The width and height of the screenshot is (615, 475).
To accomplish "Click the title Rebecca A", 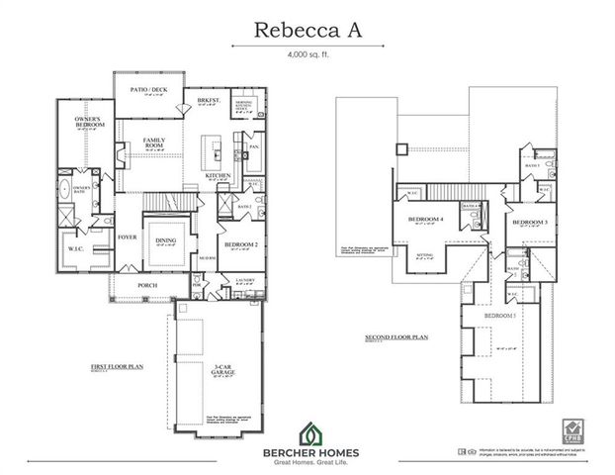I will click(307, 29).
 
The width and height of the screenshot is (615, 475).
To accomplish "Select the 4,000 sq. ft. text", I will click(307, 56).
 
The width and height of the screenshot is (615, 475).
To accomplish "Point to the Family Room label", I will click(153, 142).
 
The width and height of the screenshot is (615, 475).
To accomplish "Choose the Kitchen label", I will click(218, 176).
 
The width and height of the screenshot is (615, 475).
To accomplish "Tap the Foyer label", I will click(128, 237).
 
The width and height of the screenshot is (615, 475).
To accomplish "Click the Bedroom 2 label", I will click(241, 244).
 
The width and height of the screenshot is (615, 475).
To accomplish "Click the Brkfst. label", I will click(208, 101).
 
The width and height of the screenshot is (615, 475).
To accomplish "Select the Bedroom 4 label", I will click(424, 219).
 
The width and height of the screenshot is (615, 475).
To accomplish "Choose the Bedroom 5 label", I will click(499, 315).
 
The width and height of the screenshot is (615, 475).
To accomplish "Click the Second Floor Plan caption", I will click(395, 337).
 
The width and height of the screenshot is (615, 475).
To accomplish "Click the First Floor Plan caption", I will click(117, 366).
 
